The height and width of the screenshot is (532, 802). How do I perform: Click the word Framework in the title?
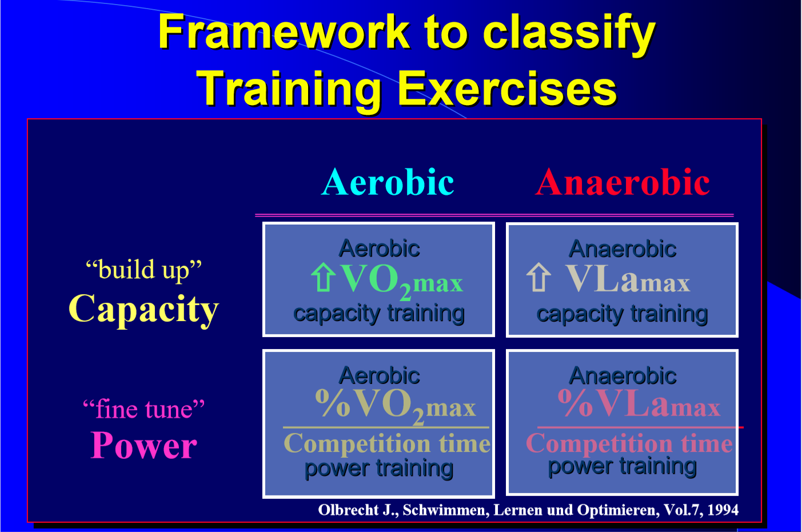coord(284,31)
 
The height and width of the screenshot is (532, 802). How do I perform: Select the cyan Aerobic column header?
coord(388,182)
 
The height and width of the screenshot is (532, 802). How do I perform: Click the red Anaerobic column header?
coord(623,182)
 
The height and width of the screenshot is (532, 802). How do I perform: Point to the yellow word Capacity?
coord(143,309)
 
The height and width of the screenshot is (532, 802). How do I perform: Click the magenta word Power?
coord(143,445)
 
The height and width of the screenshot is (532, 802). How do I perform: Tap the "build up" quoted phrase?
coord(143,269)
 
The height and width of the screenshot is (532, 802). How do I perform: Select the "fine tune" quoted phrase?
coord(143,409)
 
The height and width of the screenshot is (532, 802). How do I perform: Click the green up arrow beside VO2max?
coord(324,277)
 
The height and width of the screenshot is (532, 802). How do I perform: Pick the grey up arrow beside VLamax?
coord(539,277)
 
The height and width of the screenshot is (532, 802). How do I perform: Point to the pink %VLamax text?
coord(639,403)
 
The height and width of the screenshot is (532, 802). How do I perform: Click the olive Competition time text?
coord(387,443)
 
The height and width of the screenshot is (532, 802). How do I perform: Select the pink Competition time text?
coord(629,443)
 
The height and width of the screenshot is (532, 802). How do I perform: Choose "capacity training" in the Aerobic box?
coord(379,314)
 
